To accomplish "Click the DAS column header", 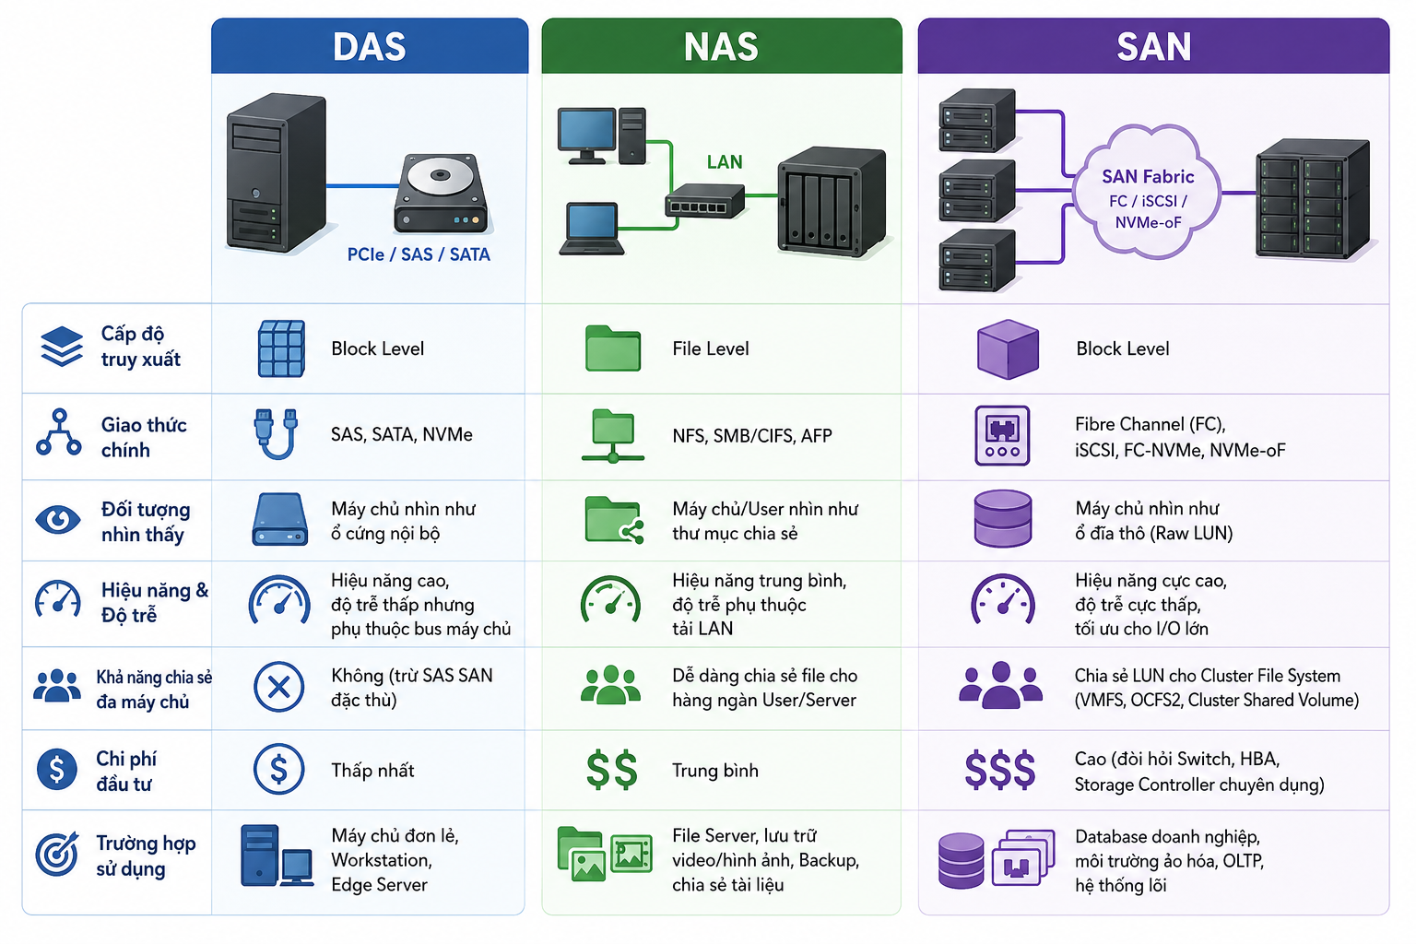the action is pos(370,46).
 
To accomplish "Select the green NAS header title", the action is pos(721,47).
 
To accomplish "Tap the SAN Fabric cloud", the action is pos(1148,192).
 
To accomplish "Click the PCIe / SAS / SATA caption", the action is pos(419,254).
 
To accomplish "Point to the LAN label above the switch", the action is pos(725,162).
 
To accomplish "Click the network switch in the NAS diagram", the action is pos(705,201).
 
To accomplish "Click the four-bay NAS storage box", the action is pos(831,201).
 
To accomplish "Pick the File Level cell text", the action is pos(711,348).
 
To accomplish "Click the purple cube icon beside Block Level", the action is pos(1008,349).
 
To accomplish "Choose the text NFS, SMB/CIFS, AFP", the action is pos(751,435).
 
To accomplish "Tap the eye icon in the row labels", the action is pos(58,520).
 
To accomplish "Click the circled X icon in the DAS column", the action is pos(278,687).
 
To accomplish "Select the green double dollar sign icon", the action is pos(611,770).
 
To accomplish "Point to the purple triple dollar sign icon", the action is pos(999,770).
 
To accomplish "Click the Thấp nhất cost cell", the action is pos(372,770).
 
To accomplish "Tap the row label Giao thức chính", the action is pos(144,437).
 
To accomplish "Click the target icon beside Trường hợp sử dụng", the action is pos(57,854).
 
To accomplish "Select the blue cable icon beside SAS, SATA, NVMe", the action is pos(277,434).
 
